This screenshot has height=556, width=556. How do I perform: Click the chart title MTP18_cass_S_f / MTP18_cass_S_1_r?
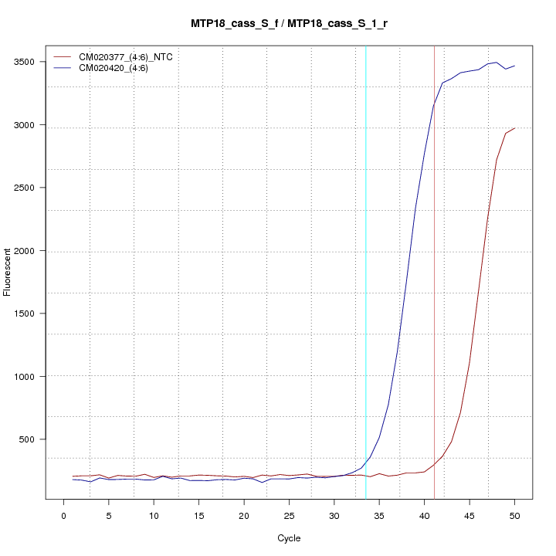pos(289,23)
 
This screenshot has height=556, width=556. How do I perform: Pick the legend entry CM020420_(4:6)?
pos(119,68)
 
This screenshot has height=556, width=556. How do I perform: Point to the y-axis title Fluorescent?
pos(8,272)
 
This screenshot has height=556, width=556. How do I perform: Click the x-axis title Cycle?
pos(289,538)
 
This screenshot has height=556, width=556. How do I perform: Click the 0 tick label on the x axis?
pos(63,516)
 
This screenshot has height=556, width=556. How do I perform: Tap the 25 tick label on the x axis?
pos(289,516)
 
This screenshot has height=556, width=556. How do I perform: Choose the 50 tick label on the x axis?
pos(514,516)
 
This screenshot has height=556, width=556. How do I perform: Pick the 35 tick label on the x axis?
pos(379,516)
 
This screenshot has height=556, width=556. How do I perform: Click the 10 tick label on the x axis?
pos(154,516)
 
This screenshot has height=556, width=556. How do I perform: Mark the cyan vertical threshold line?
pos(366,270)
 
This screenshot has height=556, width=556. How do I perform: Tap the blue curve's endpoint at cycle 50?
pos(514,66)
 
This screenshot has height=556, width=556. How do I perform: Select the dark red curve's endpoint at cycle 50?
pos(514,128)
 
